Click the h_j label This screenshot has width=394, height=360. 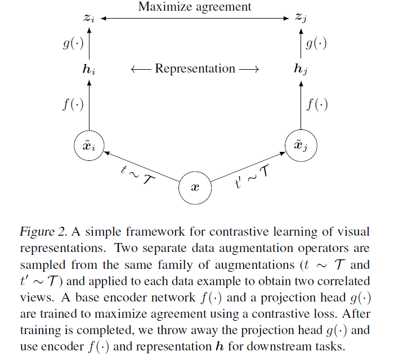pyautogui.click(x=302, y=70)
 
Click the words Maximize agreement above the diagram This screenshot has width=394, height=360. pyautogui.click(x=195, y=7)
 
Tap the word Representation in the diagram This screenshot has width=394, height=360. pyautogui.click(x=195, y=69)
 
